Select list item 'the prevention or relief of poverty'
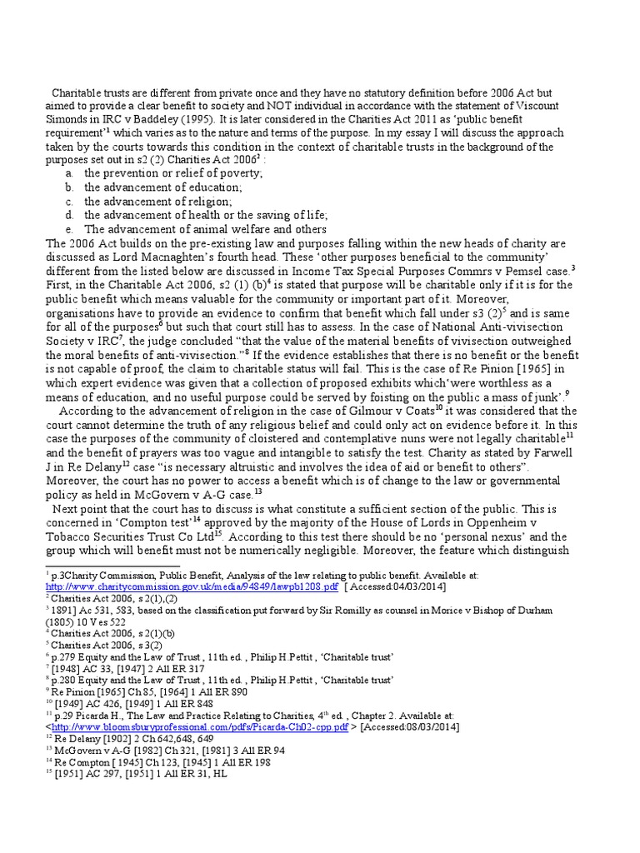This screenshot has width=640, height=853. click(173, 172)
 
